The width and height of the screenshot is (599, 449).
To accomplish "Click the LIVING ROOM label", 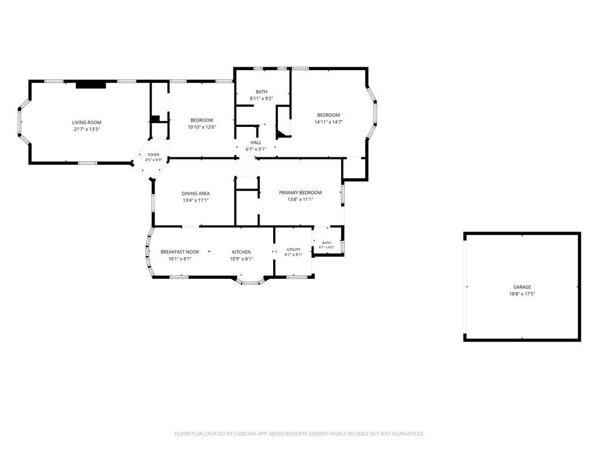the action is coord(87,123).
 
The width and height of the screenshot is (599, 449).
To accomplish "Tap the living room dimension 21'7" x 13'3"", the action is coord(87,129).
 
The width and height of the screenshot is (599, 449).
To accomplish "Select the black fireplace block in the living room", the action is coord(91,85).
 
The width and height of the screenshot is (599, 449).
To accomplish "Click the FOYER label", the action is coord(154,155).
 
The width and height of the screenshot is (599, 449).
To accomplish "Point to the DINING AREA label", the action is coord(195,194).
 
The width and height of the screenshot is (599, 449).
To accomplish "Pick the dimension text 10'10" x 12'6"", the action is coord(202,127).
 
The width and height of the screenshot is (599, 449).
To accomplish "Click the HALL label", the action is coord(256,143).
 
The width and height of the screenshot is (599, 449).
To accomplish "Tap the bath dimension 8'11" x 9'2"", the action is coord(261,98).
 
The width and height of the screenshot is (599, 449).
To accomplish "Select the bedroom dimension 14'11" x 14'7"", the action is coord(329,122).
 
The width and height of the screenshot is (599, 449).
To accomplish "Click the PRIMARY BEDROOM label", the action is coord(300,193).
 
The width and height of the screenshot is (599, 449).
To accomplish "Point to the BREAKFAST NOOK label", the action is coord(180,252).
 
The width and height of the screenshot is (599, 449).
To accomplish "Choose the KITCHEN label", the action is coord(242,252).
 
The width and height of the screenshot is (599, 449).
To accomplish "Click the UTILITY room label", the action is coord(294,250).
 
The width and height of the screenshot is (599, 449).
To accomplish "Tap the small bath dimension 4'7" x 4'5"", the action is coord(326,247).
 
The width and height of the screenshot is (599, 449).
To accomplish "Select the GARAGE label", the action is coord(522,287).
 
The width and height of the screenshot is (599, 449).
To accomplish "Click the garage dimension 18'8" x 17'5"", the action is coord(522,294).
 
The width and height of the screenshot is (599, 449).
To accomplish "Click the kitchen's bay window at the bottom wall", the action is coord(250,282).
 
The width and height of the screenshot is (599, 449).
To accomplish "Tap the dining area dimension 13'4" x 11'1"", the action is coord(195,200).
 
